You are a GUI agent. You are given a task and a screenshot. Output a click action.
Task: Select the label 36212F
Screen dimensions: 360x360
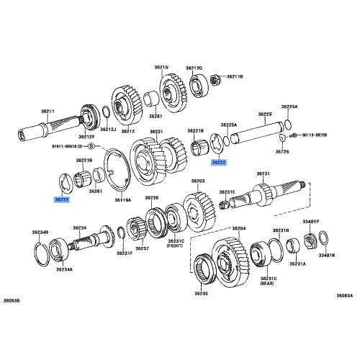coord(86,136)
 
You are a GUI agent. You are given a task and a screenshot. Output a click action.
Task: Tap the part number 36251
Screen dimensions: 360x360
coord(155,116)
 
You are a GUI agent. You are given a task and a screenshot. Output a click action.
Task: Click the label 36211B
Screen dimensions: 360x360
coord(235,76)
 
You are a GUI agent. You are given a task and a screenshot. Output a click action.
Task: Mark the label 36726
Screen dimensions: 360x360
coord(283,152)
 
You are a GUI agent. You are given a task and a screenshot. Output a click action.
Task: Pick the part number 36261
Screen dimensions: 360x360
coord(96,191)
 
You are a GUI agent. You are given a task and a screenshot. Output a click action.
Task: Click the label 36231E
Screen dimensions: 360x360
coord(228,192)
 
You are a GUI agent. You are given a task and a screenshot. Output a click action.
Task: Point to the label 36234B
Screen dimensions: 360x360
coord(40,233)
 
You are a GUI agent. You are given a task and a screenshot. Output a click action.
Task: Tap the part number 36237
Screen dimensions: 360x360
coord(142,248)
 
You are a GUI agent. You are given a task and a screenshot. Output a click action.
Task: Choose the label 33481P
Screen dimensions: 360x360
coord(311,222)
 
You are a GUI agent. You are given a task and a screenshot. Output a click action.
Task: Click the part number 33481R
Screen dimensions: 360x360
coord(328,255)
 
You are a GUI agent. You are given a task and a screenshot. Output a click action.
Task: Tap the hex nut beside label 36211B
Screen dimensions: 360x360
coord(214,76)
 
